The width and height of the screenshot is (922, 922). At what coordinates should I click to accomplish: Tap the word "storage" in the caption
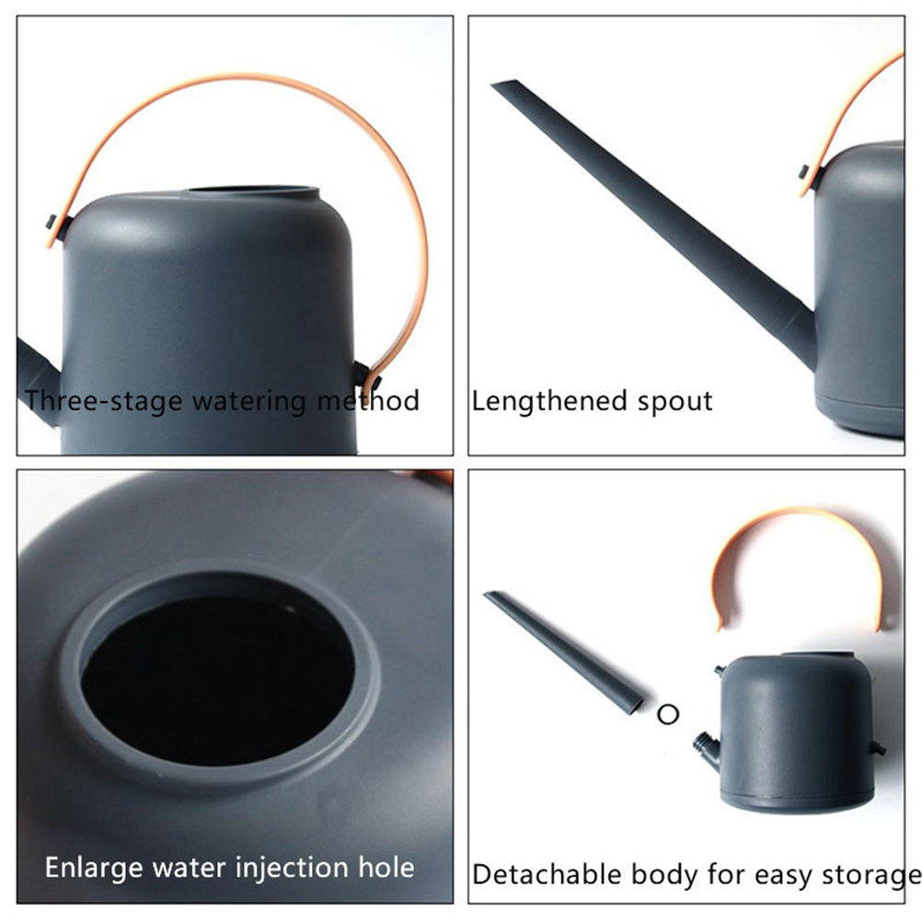tap(870, 876)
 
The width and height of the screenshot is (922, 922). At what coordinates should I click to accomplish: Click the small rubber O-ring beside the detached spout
tap(668, 714)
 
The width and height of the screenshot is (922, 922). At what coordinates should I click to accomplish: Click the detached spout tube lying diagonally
tap(563, 651)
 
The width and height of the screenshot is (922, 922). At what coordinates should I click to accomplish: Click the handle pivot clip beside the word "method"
tap(367, 376)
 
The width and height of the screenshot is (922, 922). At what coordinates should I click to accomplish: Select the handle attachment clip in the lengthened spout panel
tap(811, 177)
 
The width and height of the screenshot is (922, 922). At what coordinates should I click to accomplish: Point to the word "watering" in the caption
tap(251, 403)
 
